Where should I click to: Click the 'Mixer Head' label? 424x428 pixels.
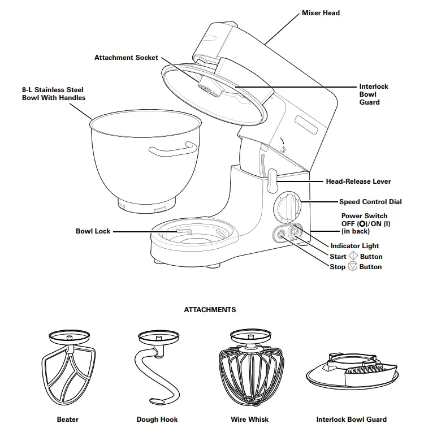pos(321,12)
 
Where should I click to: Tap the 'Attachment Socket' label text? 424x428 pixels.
pos(126,58)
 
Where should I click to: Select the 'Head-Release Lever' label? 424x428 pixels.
pos(358,181)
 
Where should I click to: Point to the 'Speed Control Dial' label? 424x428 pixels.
pos(370,202)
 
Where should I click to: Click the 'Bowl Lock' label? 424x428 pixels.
pos(93,231)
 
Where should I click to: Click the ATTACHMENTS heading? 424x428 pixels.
pos(210,310)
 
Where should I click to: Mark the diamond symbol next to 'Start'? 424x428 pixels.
pos(353,256)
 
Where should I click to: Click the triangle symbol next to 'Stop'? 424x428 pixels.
pos(353,266)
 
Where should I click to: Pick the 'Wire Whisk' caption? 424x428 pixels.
pos(249,420)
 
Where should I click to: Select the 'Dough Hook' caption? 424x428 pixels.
pos(157,420)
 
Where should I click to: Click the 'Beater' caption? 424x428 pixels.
pos(68,420)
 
